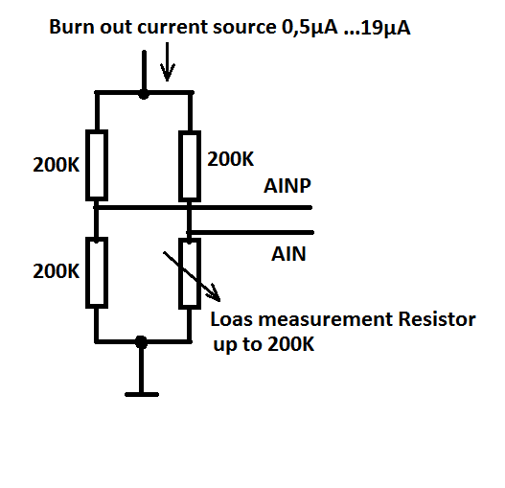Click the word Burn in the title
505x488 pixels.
[72, 27]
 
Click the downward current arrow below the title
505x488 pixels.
[167, 61]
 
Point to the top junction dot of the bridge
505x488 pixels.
[144, 95]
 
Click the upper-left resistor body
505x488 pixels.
[97, 165]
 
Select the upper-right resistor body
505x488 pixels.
[190, 166]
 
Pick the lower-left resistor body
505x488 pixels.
[97, 272]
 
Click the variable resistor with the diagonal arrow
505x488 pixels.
[190, 273]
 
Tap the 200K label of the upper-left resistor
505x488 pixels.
[56, 165]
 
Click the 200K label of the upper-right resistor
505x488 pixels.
[230, 159]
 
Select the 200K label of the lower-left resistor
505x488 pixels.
[56, 271]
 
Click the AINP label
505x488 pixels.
[287, 186]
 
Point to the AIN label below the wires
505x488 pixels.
[288, 254]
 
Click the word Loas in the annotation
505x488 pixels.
[231, 319]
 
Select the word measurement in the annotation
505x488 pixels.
[326, 320]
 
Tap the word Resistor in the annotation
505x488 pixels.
[437, 319]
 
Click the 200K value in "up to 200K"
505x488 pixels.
[290, 344]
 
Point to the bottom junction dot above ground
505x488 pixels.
[141, 342]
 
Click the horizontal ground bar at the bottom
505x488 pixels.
[142, 395]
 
